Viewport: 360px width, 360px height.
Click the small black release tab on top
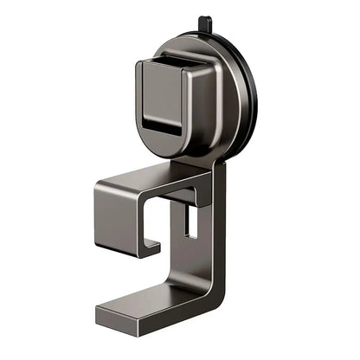[x=202, y=23]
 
